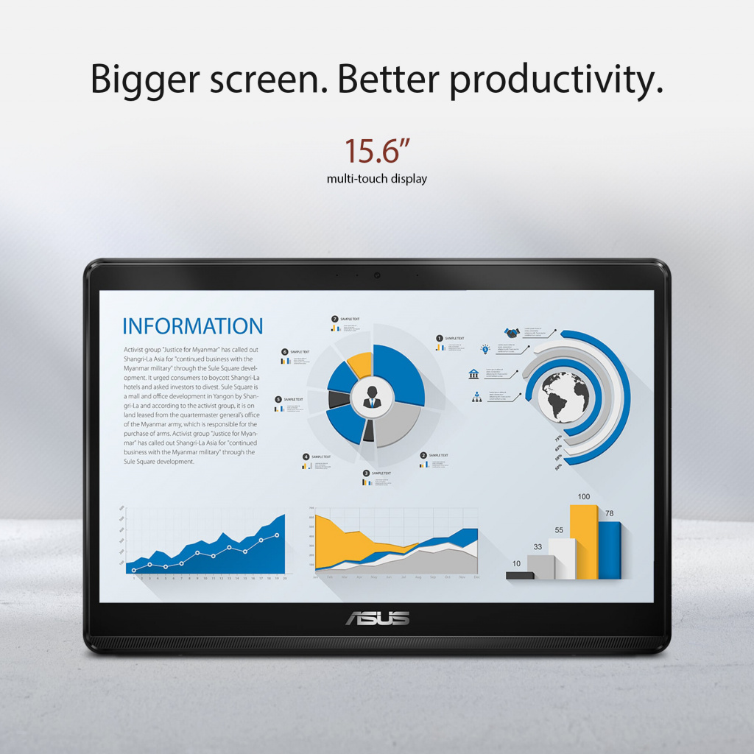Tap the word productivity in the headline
(x=556, y=80)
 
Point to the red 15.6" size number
(x=377, y=150)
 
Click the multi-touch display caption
(x=377, y=179)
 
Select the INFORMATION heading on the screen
(x=192, y=326)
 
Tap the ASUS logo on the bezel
(x=377, y=619)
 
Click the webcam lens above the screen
(x=377, y=275)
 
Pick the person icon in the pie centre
(x=373, y=395)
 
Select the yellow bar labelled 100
(x=584, y=541)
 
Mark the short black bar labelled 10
(x=519, y=574)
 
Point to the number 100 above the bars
(x=584, y=497)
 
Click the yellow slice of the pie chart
(x=360, y=363)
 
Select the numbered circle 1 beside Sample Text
(x=440, y=338)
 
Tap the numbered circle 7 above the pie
(x=335, y=319)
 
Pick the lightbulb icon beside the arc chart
(x=485, y=349)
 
